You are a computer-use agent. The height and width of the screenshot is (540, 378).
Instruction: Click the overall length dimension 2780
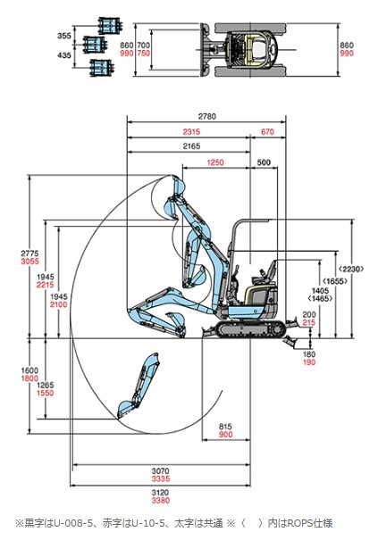(x=207, y=116)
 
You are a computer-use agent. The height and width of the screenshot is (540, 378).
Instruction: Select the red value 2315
(x=191, y=132)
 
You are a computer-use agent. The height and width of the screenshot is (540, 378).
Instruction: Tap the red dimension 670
(x=267, y=132)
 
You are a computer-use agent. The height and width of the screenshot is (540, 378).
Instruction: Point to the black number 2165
(x=191, y=146)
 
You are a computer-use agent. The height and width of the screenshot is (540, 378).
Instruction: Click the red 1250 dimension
(x=215, y=162)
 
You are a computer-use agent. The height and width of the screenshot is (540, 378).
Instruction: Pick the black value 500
(x=264, y=162)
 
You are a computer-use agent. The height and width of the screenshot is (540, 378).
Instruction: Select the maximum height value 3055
(x=30, y=262)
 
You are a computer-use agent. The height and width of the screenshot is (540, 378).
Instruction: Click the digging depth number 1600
(x=29, y=370)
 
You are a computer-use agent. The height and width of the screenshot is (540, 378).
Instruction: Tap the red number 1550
(x=46, y=393)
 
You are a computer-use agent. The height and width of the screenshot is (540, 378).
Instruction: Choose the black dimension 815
(x=225, y=427)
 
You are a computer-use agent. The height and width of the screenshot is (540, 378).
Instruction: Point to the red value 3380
(x=161, y=501)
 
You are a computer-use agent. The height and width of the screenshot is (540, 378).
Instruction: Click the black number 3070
(x=161, y=470)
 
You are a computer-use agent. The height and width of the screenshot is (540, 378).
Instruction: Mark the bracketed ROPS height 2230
(x=351, y=269)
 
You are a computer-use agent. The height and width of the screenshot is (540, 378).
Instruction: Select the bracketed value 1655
(x=334, y=281)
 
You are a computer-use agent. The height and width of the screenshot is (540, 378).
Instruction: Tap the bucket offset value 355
(x=64, y=36)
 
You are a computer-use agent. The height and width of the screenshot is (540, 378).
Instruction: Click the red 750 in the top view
(x=144, y=54)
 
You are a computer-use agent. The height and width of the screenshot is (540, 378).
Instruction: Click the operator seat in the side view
(x=267, y=271)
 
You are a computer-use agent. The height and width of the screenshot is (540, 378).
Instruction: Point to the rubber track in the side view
(x=251, y=328)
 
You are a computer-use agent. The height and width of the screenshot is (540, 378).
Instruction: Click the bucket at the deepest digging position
(x=127, y=409)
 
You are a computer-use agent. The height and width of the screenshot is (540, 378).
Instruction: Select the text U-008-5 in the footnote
(x=73, y=523)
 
